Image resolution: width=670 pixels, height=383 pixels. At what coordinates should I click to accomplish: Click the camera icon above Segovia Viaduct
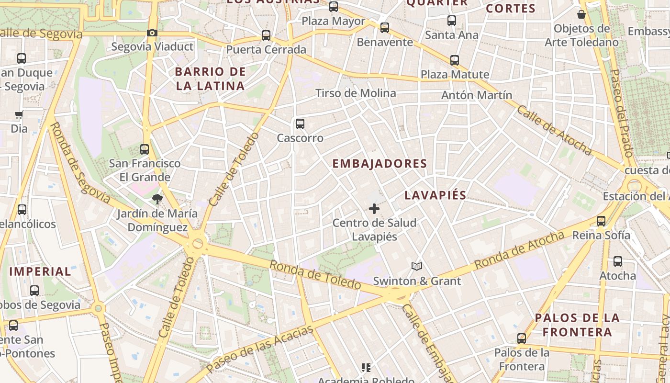click(x=152, y=33)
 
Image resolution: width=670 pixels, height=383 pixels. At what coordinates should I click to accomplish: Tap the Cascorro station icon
click(x=300, y=124)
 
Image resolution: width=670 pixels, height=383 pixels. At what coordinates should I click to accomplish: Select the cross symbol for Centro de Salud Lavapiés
click(x=374, y=209)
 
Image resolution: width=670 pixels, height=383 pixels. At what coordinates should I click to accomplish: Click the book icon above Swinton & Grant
click(x=417, y=267)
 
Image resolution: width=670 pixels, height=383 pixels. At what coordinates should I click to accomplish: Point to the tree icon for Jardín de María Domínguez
click(x=156, y=199)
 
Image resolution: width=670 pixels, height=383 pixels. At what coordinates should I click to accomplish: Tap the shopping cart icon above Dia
click(x=19, y=115)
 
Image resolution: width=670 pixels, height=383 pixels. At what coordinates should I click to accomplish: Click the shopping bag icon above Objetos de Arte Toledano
click(x=581, y=14)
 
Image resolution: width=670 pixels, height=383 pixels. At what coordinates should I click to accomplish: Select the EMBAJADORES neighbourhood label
click(x=380, y=164)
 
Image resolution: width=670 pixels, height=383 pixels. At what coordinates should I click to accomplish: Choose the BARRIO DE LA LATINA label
click(x=210, y=79)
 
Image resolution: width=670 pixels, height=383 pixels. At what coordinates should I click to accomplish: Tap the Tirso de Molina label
click(x=356, y=93)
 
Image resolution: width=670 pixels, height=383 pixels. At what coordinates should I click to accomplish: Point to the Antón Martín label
click(x=476, y=95)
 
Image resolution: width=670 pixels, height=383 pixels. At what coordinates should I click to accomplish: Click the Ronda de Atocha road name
click(x=519, y=250)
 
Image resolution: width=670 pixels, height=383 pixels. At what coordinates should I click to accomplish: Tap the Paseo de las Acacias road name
click(x=260, y=349)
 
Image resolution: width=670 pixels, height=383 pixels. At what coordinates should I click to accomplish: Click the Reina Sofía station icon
click(x=601, y=221)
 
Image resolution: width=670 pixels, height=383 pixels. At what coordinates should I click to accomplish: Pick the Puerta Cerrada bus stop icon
click(x=266, y=35)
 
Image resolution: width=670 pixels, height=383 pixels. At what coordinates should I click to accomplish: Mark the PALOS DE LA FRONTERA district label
click(x=577, y=325)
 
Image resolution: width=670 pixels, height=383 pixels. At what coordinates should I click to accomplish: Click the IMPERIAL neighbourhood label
click(x=40, y=271)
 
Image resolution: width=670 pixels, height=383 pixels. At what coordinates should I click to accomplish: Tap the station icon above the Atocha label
click(x=618, y=262)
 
